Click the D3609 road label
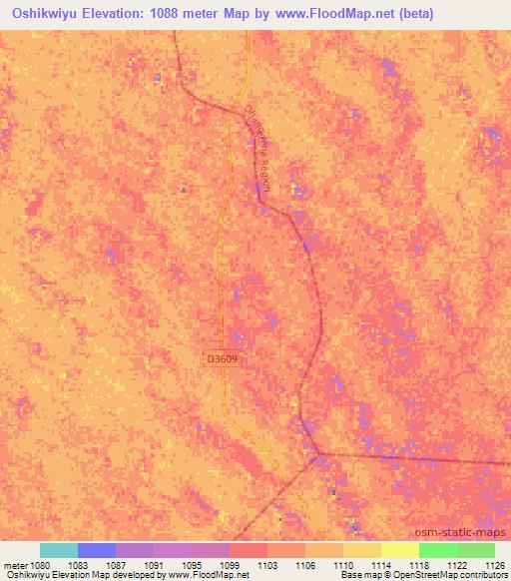[x=224, y=356]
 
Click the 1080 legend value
[x=40, y=565]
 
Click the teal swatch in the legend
[x=59, y=550]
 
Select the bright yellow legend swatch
[x=400, y=550]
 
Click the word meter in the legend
[x=16, y=565]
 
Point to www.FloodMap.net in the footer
[x=207, y=576]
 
